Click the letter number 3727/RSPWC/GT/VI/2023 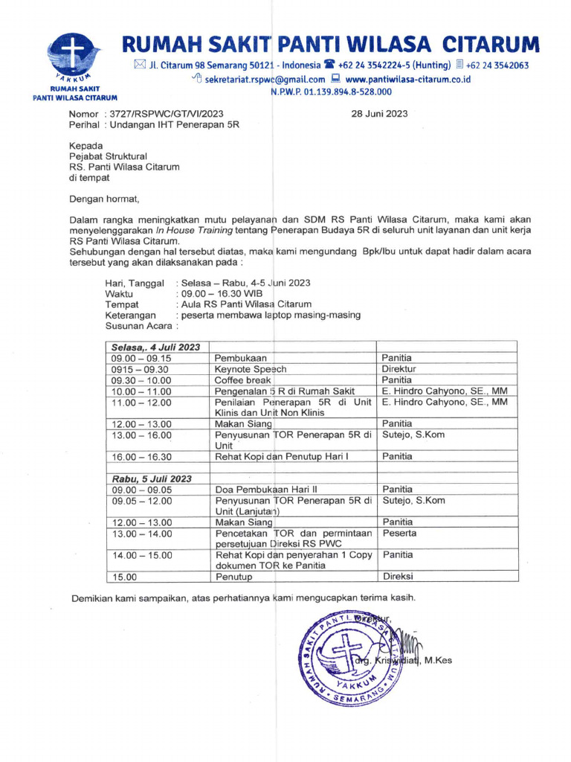[x=167, y=114]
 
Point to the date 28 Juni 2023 [x=378, y=114]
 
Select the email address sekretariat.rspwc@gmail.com [x=265, y=79]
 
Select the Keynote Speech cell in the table [x=251, y=369]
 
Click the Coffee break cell [x=243, y=380]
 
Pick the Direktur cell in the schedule [x=399, y=369]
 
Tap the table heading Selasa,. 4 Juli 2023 [x=156, y=348]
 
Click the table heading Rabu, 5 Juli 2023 [x=152, y=478]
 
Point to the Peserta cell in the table [x=399, y=534]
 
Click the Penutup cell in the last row [x=234, y=577]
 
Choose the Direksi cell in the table [x=398, y=577]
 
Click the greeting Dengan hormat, [x=104, y=199]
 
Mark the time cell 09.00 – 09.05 [x=141, y=490]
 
